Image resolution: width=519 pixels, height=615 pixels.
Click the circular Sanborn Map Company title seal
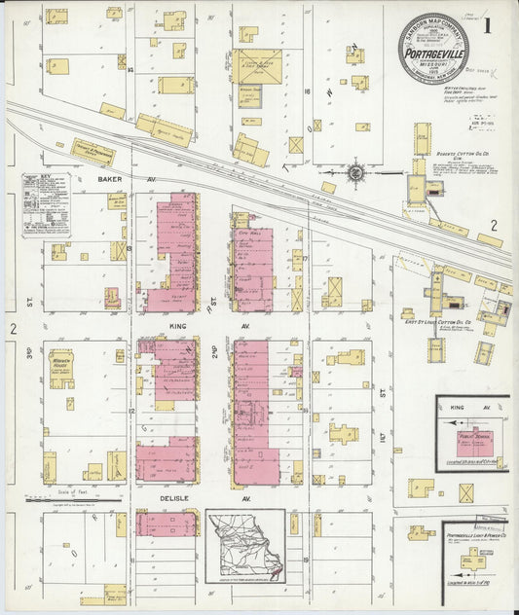[432, 47]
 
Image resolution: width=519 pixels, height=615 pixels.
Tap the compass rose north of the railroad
[356, 173]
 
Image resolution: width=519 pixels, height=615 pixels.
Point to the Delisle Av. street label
[175, 497]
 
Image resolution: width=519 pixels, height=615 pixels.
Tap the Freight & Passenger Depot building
[93, 152]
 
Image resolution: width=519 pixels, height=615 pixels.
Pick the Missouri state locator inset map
[245, 545]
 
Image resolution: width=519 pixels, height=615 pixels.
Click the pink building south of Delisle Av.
[166, 525]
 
